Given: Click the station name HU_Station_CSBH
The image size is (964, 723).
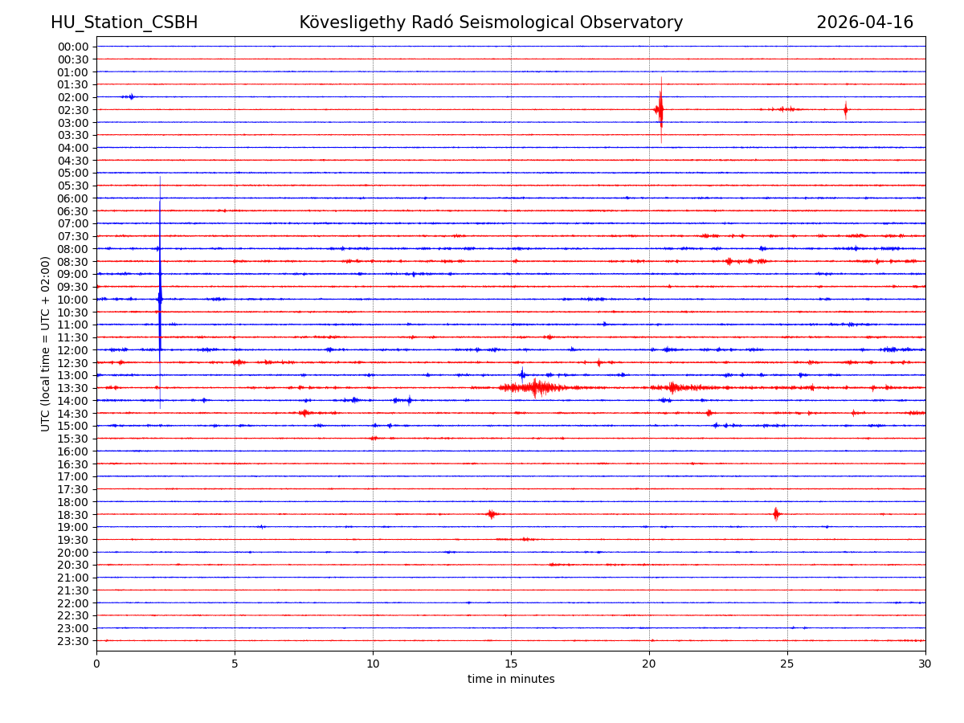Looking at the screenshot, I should tap(124, 22).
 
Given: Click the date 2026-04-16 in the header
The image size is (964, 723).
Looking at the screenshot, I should tap(864, 22).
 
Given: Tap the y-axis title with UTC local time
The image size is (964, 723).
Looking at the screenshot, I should tap(46, 343).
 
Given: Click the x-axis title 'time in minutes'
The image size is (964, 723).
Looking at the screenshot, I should tap(511, 680).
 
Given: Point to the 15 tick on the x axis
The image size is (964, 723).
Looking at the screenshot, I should tap(511, 664).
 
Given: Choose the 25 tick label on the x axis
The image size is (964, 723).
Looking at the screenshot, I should tap(787, 664).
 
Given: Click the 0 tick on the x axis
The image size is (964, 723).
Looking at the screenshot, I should tap(96, 664).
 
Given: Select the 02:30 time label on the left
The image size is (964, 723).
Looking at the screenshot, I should tap(73, 110).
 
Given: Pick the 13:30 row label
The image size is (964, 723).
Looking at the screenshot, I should tap(73, 388).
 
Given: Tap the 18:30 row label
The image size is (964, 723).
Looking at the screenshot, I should tap(73, 514).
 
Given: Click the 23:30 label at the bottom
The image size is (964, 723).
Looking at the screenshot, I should tap(73, 641).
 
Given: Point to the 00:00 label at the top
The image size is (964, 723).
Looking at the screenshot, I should tap(73, 47).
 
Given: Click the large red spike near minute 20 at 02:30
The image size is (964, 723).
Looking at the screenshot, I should tap(660, 109).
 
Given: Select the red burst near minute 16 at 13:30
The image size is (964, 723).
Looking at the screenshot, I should tap(534, 388).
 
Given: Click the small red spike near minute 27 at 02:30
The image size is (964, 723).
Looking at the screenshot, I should tap(845, 109).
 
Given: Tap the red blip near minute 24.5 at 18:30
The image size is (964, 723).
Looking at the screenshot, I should tap(776, 514).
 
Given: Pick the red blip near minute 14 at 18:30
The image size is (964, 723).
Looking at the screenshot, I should tap(492, 514).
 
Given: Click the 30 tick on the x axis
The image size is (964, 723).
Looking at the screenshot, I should tap(925, 664).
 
